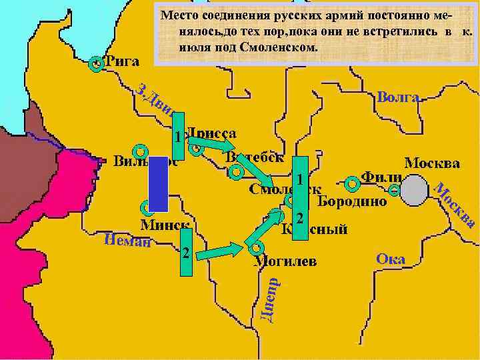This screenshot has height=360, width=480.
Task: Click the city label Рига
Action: coord(122,62)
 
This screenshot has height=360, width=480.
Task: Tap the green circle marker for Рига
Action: coord(97,63)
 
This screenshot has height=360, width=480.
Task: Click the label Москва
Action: coord(432,163)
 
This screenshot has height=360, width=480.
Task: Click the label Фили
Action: coord(381,178)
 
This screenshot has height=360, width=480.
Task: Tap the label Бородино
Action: coord(352,201)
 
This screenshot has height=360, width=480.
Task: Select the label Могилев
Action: coord(285,260)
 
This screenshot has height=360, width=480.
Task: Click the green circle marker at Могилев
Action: coord(255,247)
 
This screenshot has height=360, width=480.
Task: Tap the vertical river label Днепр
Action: coord(266,300)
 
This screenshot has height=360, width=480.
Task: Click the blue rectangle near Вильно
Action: coord(158,183)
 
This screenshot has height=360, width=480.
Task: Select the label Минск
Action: coord(164,225)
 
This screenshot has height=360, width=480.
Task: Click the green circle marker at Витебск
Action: coord(235,173)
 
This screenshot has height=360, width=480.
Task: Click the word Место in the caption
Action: coord(177,15)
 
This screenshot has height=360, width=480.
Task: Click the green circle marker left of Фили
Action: coord(351,182)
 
